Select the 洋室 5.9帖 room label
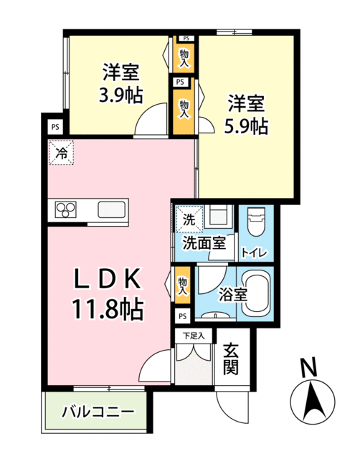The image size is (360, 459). coord(248,114)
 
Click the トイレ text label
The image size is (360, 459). coord(255,252)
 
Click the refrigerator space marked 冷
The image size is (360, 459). coord(62,152)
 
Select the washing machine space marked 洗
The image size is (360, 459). coord(187,219)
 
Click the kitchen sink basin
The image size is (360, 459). coord(112,210)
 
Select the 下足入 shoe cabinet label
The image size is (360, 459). coord(192,334)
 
